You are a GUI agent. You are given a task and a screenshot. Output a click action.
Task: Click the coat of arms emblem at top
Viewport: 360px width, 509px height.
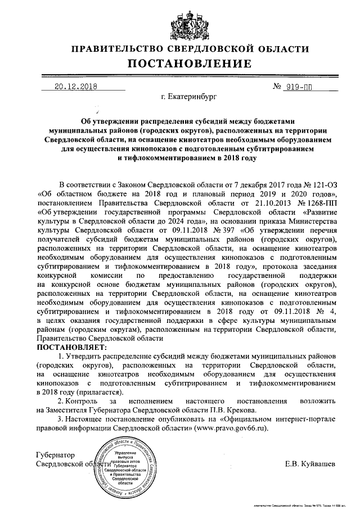[181, 22]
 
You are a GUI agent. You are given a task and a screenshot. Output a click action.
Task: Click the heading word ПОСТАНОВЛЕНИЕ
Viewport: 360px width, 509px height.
[181, 64]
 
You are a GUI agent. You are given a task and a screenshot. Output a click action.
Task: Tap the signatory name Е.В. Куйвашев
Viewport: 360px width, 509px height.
[310, 465]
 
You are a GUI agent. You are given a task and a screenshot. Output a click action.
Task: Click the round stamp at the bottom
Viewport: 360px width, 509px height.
[126, 467]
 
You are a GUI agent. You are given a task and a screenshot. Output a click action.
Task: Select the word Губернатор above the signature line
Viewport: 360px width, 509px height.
[55, 454]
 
